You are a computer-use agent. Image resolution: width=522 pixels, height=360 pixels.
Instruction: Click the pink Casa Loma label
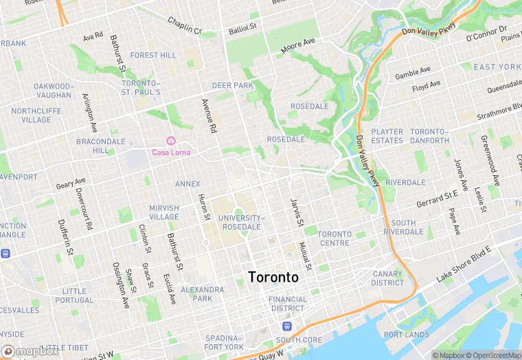coord(170,153)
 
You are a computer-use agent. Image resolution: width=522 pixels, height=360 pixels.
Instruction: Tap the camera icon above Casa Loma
coord(170,141)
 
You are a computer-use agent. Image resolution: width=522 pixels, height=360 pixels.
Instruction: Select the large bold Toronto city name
coord(273,278)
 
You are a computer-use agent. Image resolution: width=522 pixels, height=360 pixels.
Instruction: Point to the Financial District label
coord(288,304)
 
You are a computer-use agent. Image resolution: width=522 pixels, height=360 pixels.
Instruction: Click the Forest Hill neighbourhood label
coord(153,55)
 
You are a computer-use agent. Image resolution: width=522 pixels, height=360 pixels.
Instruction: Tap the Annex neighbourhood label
coord(188,184)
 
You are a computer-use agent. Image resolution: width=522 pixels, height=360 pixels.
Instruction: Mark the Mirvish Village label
coord(164,212)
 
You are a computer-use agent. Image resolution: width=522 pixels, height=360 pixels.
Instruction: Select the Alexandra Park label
coord(202,294)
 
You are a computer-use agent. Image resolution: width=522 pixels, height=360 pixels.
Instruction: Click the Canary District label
coord(388,278)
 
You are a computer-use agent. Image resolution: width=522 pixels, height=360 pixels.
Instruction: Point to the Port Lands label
coord(407,335)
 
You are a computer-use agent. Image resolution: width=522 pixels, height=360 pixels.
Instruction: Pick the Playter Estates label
coord(387,136)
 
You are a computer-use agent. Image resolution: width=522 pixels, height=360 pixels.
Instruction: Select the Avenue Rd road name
coord(209,115)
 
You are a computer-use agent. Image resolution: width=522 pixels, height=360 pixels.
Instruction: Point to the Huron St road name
coord(203,207)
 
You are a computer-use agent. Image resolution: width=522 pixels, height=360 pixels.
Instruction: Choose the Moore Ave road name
coord(297,46)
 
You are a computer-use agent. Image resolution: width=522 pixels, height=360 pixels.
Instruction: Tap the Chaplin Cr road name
coord(185,25)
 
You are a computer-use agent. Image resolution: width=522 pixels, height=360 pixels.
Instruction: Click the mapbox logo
coord(30,351)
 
